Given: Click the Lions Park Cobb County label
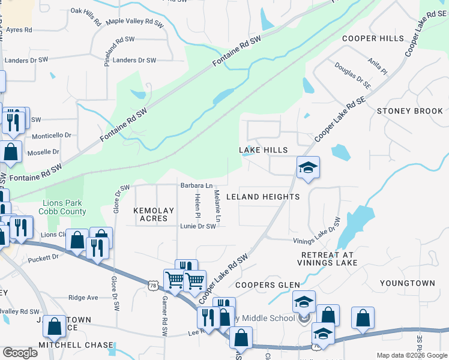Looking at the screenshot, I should coord(62,207).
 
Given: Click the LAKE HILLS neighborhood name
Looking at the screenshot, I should coord(264,149).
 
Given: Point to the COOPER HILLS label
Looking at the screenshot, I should coord(373,38).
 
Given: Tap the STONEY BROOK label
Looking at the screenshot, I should coord(410,111).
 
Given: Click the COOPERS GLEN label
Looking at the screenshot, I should coord(262,285).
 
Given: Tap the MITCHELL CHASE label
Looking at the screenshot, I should coord(76,345).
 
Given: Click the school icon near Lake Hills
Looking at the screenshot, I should coord(308,167).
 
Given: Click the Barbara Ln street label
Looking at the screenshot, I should coord(197,185).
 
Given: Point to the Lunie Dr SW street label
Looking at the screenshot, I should coord(197,226).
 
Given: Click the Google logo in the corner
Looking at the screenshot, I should coord(20,353).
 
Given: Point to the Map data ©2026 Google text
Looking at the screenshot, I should coord(411,355).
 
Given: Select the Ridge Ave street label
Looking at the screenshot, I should coord(83,298).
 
